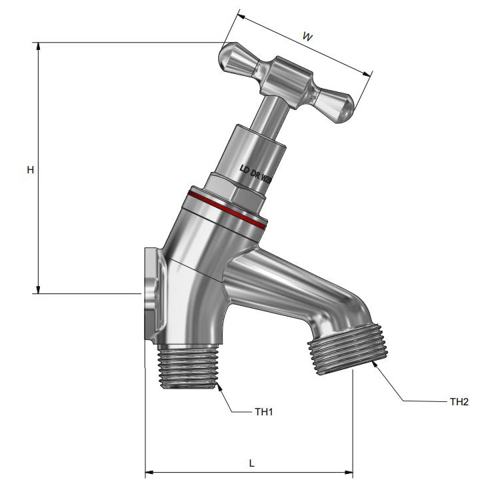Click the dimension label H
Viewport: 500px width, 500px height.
coord(30,170)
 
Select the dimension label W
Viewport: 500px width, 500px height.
coord(307,38)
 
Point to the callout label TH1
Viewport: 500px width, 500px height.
coord(264,412)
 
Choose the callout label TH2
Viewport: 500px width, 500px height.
coord(459,401)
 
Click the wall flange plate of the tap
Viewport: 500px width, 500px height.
coord(151,293)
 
